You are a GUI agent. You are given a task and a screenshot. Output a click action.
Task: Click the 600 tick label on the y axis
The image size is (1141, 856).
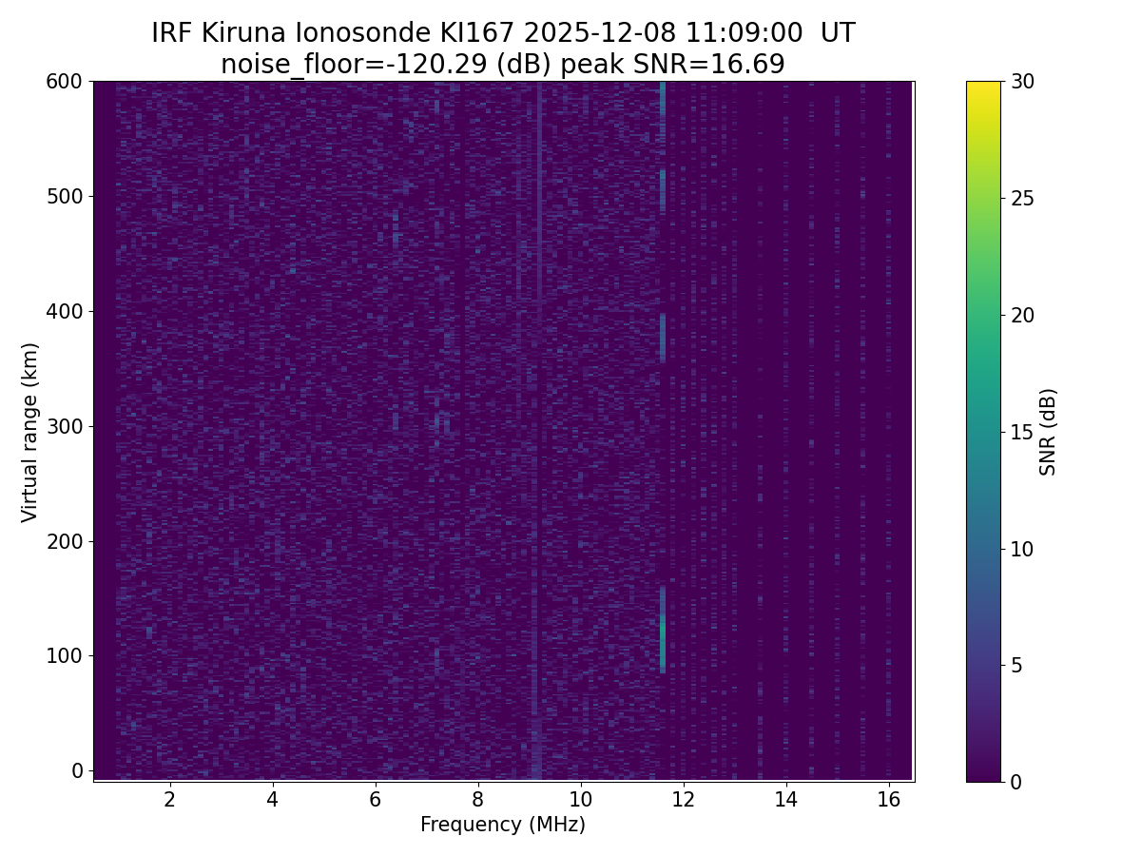point(65,82)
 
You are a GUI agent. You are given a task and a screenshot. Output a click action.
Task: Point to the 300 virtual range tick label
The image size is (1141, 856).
point(65,426)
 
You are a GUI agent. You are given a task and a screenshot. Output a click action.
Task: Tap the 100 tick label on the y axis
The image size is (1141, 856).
point(65,655)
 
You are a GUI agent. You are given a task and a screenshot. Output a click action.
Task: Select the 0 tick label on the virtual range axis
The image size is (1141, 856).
point(77,770)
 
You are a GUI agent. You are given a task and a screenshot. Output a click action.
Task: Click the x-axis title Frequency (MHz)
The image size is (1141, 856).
point(503,825)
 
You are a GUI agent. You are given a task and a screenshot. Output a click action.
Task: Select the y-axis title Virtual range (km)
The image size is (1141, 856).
point(30,432)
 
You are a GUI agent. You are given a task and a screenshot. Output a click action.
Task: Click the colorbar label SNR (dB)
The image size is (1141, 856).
point(1048,432)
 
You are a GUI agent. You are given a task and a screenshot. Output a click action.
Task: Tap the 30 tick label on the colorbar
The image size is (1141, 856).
point(1022,82)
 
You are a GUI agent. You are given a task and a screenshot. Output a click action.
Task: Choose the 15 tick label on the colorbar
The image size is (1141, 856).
point(1022,432)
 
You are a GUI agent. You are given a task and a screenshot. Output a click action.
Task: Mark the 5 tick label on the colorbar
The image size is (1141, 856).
point(1016,665)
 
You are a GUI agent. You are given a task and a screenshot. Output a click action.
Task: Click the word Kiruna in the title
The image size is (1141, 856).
point(245,33)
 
